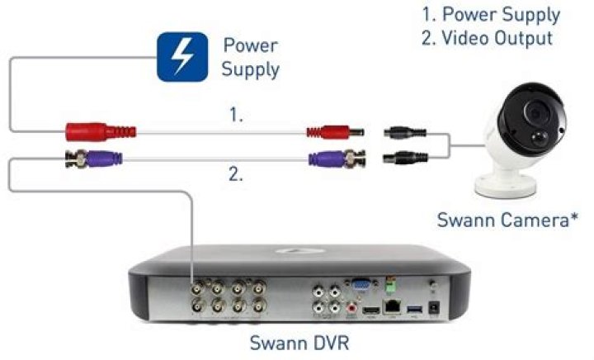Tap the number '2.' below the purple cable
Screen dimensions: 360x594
point(237,173)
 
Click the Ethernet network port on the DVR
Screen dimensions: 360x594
point(394,309)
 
